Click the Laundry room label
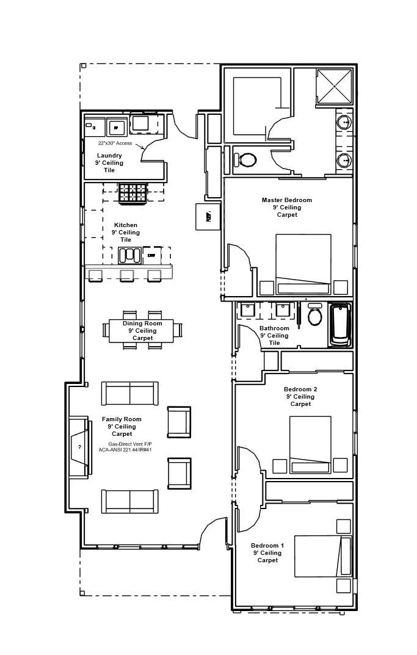[109, 163]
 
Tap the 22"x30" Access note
[115, 143]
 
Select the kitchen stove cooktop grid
[132, 193]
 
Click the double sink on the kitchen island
[129, 255]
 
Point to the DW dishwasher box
[151, 255]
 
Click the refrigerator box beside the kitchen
[208, 217]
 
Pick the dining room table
[141, 330]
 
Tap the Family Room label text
[121, 426]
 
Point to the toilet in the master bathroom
[245, 160]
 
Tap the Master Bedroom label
[286, 207]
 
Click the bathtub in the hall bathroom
[340, 325]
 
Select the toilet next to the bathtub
[315, 315]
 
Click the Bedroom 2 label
[300, 396]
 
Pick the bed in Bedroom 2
[310, 444]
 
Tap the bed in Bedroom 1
[323, 555]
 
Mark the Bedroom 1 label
[267, 552]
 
